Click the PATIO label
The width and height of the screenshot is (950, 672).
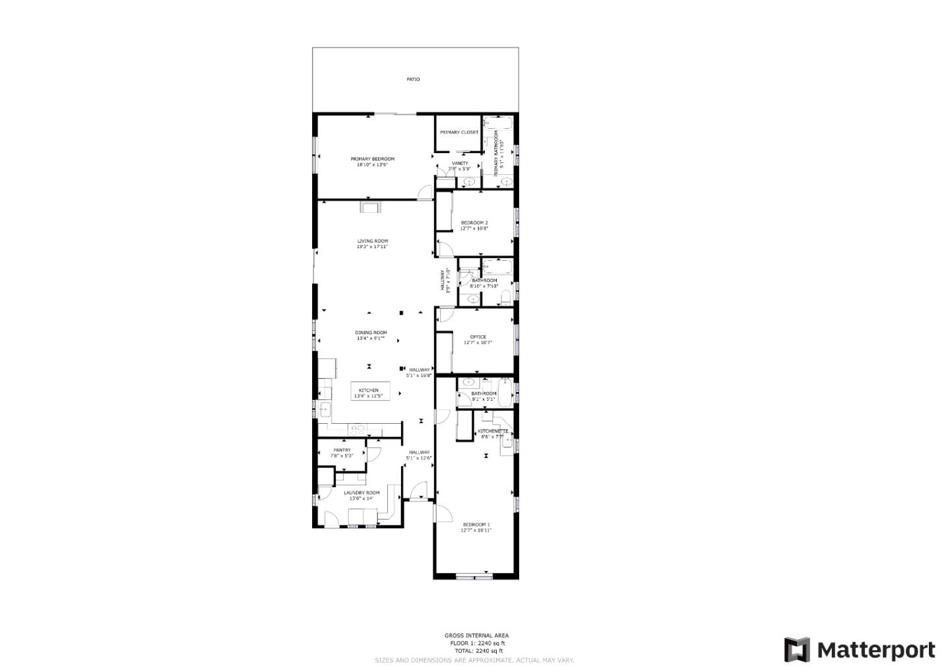point(413,79)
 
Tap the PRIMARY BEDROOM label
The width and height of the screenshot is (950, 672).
point(372,159)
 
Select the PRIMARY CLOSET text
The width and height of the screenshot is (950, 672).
point(459,132)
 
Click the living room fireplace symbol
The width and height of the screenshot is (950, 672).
point(370,207)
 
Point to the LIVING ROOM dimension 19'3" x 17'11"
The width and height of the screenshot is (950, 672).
point(372,247)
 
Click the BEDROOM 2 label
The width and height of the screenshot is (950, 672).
point(474,222)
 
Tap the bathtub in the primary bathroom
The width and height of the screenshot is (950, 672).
point(498,123)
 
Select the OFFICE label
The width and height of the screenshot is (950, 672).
point(478,337)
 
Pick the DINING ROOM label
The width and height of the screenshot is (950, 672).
point(371,333)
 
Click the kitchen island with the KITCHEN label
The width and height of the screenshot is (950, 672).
point(369,392)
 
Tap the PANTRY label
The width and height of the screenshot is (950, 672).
point(342,450)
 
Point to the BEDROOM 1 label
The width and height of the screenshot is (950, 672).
point(476,525)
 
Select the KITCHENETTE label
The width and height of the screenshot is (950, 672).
point(492,431)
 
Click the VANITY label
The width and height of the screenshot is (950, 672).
point(460,163)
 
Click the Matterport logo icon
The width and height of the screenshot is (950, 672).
point(796,650)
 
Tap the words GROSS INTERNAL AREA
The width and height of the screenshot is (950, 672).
point(476,635)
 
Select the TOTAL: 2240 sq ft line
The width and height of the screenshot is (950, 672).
point(476,650)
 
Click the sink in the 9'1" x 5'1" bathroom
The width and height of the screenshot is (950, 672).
point(468,382)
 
